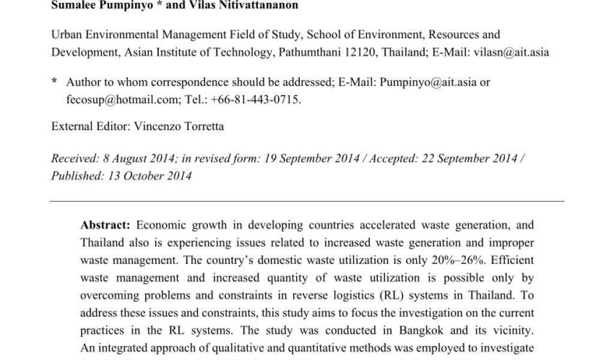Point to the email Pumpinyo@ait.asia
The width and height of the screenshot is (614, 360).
point(428,82)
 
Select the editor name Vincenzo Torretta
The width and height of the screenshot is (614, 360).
point(180,127)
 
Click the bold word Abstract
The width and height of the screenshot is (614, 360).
point(105,226)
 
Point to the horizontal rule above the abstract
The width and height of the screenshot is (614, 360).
point(307,200)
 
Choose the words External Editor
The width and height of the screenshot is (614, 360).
point(89,127)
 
